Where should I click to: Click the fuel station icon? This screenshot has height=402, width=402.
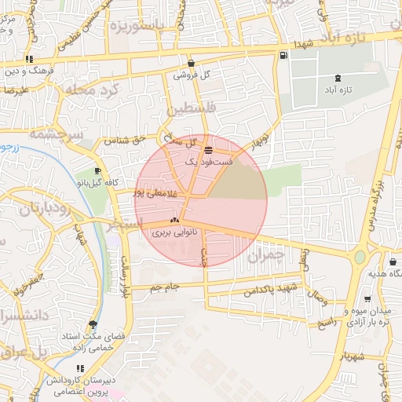coord(283,55)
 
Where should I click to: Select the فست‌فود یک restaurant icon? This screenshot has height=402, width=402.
coord(207,149)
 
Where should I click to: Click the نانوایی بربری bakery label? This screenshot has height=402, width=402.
coord(171,233)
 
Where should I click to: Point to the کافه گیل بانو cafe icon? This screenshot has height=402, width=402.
coord(97,170)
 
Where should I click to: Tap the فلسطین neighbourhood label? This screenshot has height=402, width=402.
coord(191,109)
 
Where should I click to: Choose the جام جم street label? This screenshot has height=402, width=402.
coord(165,287)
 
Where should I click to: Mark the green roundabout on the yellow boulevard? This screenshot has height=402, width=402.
coord(360,257)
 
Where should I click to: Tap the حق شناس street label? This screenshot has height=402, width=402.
coord(128,139)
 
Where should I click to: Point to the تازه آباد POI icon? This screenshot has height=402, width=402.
coord(338,78)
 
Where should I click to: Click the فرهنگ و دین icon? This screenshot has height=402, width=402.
coord(29,59)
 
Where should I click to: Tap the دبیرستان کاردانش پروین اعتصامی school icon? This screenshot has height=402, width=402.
coord(79,368)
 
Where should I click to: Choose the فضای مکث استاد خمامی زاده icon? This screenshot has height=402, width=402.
coord(93,324)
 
